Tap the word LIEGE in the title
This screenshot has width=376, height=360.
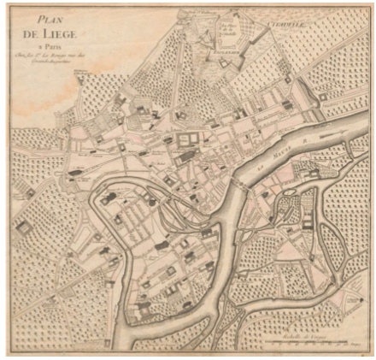tap(66, 33)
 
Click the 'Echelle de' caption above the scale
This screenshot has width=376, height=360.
tap(295, 334)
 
